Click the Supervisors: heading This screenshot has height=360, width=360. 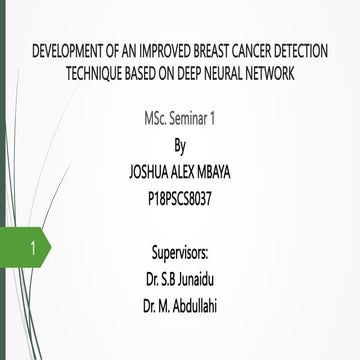(180, 248)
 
